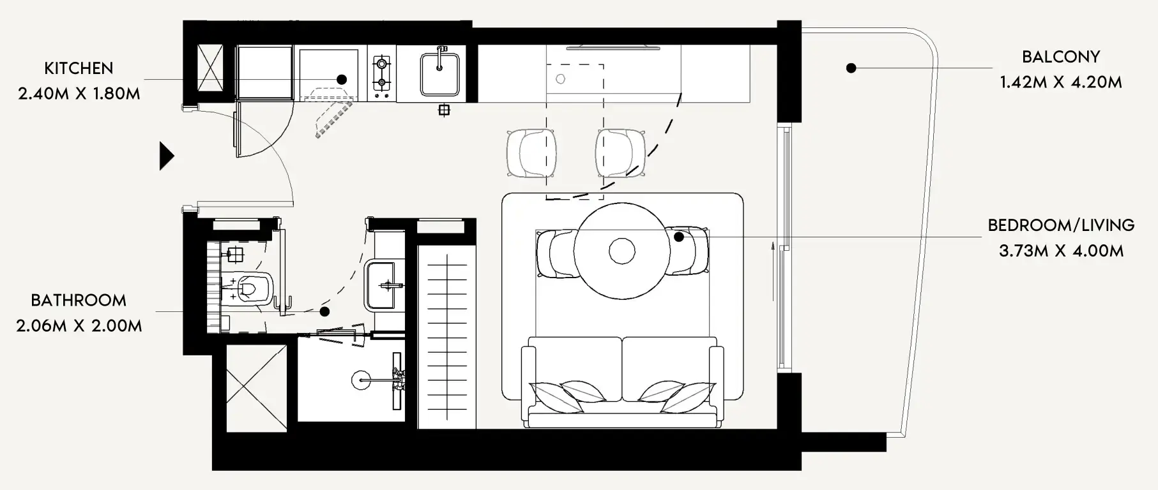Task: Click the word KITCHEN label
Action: coord(79,68)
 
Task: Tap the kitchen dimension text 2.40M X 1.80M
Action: coord(79,94)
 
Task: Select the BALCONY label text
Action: coord(1060,57)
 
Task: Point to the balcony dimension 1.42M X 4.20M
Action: coord(1060,82)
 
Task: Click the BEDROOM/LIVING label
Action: coord(1060,225)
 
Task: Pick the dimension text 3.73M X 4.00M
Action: coord(1060,251)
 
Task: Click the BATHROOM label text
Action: coord(79,301)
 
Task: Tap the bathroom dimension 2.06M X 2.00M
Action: coord(79,326)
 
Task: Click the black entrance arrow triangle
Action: coord(166,156)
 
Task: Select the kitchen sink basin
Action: coord(439,74)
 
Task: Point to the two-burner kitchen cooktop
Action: coord(382,73)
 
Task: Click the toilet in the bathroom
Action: coord(250,288)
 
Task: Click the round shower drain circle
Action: coord(361,380)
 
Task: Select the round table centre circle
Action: coord(621,251)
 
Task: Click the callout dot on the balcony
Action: coord(851,68)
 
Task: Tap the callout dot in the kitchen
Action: coord(342,80)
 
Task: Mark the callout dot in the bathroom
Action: coord(324,312)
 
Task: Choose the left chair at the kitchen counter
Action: coord(530,153)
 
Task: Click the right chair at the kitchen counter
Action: coord(620,153)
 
